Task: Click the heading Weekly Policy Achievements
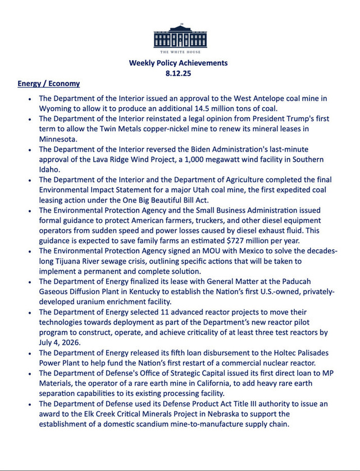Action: click(x=179, y=63)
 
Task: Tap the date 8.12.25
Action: click(x=179, y=73)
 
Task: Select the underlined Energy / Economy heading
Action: click(x=49, y=84)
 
